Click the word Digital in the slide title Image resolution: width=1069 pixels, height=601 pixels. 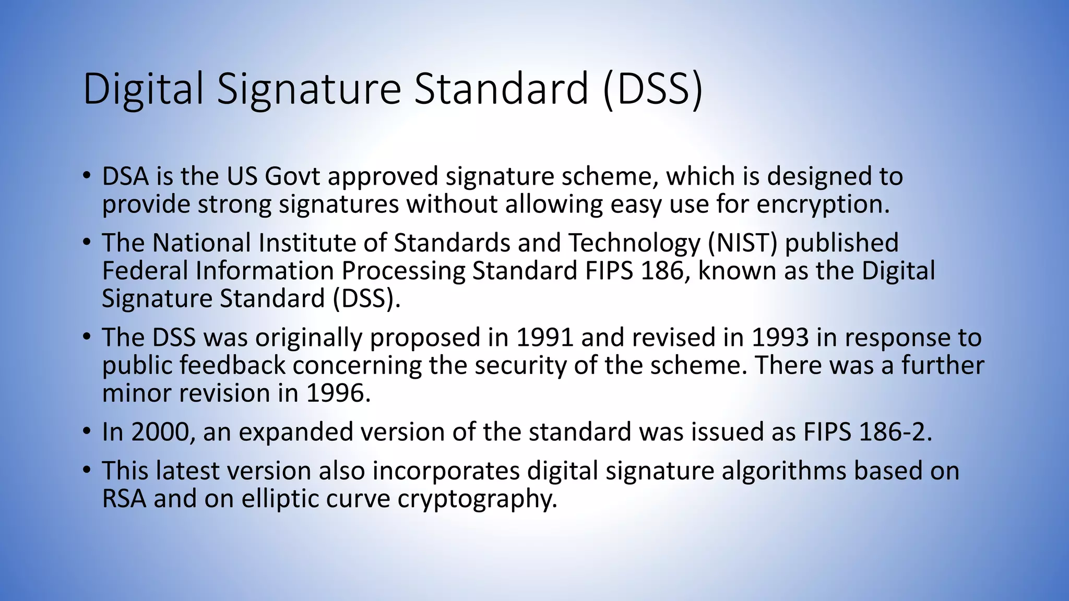coord(142,89)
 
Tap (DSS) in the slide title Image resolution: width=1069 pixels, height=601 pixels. coord(653,89)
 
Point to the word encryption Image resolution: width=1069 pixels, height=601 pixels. coord(823,204)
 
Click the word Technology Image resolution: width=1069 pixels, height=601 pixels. coord(634,243)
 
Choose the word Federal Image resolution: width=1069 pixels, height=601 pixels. coord(145,270)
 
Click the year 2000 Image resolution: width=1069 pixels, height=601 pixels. coord(159,432)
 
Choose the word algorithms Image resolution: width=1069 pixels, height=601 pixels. coord(784,471)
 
